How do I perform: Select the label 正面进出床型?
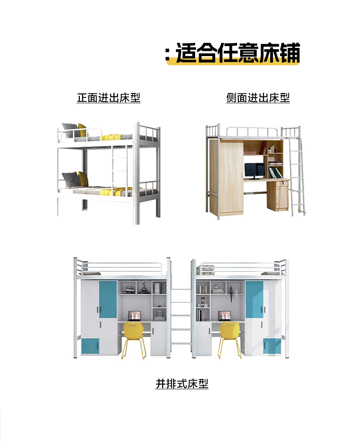point(108,98)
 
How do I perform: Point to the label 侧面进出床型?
point(258,98)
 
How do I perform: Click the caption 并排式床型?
point(182,384)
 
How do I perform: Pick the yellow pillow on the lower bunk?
point(82,178)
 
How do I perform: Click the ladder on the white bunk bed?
point(119,166)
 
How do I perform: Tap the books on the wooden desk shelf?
point(274,173)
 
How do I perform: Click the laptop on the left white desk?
point(134,316)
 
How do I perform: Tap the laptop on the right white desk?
point(224,316)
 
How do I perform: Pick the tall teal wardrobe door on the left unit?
point(108,299)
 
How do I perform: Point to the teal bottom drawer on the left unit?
point(90,346)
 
